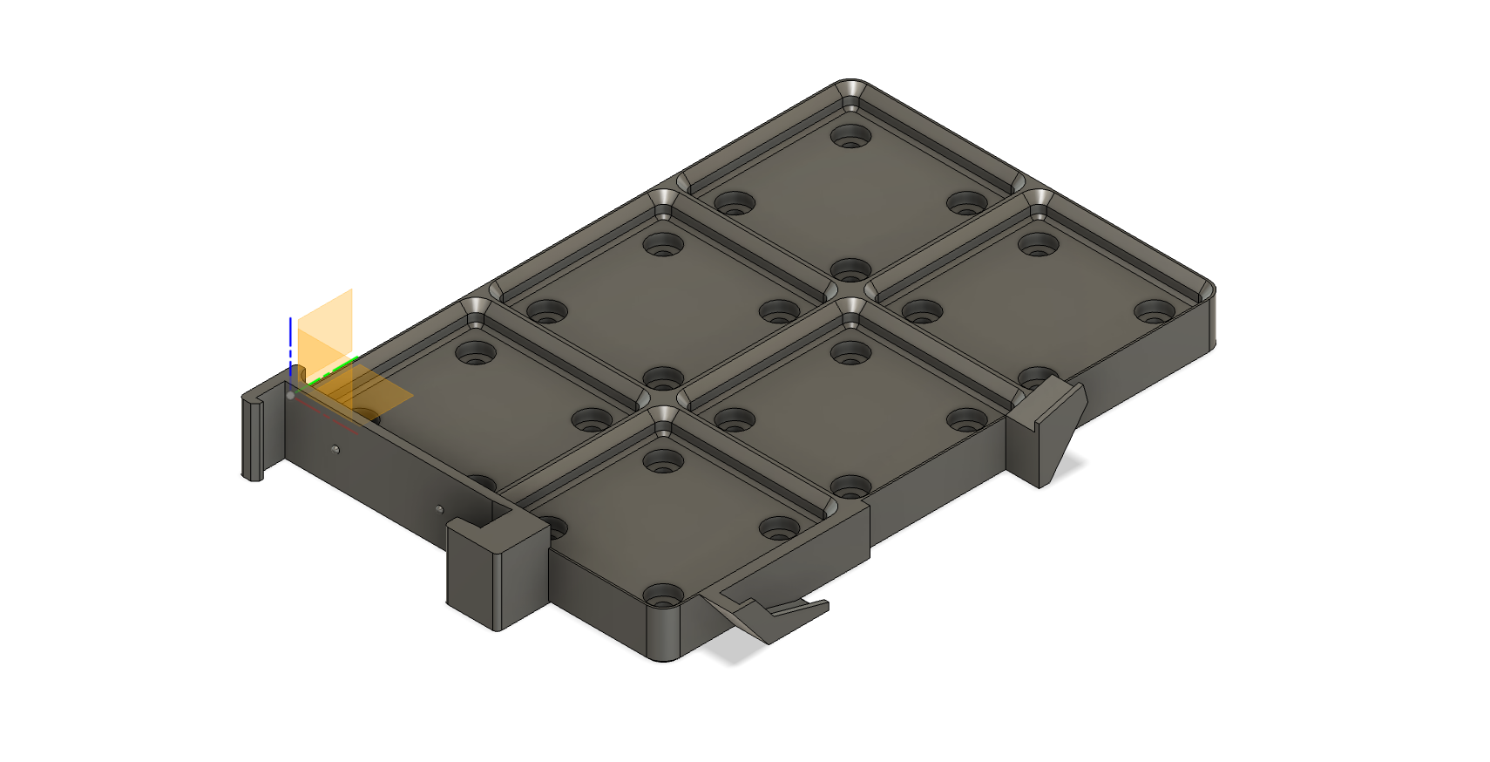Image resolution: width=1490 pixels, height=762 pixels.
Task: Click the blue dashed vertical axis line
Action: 290,344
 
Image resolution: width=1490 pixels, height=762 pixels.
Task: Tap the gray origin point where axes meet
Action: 290,395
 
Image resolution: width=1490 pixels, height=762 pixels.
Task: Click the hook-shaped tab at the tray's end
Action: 252,436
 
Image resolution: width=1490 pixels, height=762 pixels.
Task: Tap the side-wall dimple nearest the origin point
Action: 335,450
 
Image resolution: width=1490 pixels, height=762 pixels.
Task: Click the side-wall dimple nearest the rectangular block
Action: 439,509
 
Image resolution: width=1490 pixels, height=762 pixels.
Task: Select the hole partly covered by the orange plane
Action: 366,416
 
